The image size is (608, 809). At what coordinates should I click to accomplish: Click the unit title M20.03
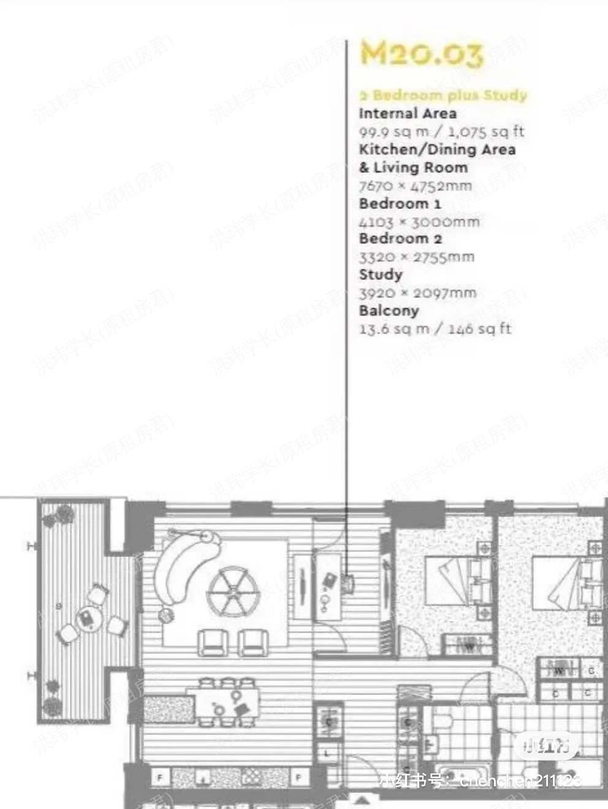click(x=421, y=53)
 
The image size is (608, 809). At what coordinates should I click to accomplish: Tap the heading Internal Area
click(x=408, y=113)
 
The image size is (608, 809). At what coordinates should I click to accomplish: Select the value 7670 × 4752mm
click(x=416, y=186)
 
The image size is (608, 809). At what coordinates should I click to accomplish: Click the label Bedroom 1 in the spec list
click(x=400, y=203)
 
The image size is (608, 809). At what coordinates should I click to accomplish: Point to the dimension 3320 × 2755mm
click(x=416, y=257)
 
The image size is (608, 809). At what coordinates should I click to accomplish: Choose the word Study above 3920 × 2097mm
click(x=381, y=275)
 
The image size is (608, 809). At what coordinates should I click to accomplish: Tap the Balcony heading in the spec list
click(x=389, y=311)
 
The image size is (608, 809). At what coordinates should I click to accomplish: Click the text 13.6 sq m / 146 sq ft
click(x=435, y=329)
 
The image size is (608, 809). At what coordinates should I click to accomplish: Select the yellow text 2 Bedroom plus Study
click(x=443, y=96)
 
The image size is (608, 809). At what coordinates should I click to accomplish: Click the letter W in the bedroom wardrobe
click(x=469, y=645)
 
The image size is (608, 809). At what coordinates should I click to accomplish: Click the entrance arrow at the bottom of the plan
click(x=362, y=799)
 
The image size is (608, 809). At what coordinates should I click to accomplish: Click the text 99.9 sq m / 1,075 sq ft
click(x=441, y=131)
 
